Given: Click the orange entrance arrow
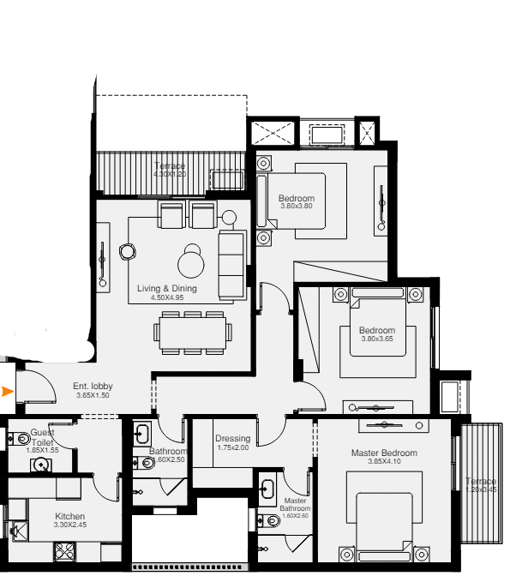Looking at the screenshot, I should point(9,393).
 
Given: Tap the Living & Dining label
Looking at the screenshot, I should point(167,289).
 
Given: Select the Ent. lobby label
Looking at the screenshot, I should point(93,387).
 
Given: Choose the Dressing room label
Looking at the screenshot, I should point(232,439).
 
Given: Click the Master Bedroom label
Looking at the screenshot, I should point(384,453).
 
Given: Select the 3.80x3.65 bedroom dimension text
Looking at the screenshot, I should point(377,339).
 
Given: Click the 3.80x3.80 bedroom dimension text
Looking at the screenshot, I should point(296,207).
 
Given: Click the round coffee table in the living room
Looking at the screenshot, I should point(190,261).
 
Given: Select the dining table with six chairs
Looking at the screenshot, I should point(192,332).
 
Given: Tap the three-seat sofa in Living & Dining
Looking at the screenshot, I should point(231,262).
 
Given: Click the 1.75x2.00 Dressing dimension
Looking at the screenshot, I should point(232,448).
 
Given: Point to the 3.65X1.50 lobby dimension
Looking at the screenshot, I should point(93,396).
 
